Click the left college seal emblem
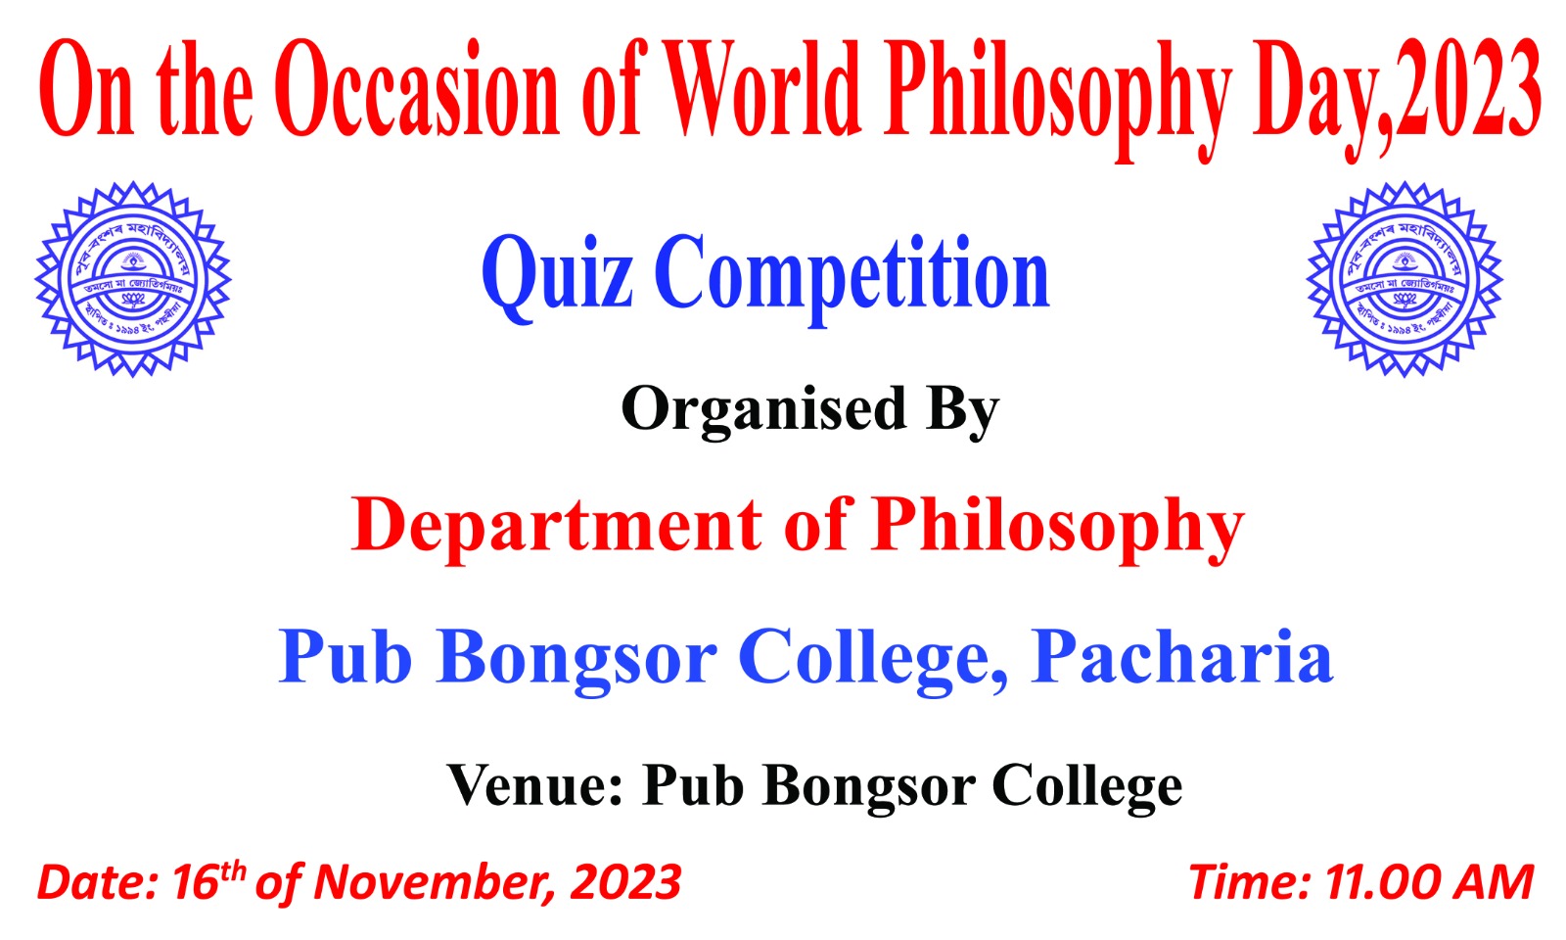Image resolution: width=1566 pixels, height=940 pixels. click(132, 279)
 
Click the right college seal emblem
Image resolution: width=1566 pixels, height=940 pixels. click(1405, 279)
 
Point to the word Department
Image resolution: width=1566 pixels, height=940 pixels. click(556, 526)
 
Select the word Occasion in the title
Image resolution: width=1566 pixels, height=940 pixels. click(417, 90)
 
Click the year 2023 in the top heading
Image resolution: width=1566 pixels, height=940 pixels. click(1468, 90)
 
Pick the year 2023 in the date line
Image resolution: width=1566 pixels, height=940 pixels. click(625, 882)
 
